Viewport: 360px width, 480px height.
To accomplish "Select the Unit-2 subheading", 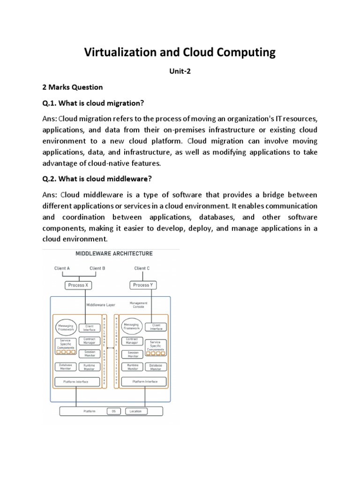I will [180, 72].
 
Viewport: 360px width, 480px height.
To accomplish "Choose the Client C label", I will [142, 268].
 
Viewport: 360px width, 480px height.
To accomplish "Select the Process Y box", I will [142, 285].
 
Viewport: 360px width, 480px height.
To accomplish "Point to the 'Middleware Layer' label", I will [101, 305].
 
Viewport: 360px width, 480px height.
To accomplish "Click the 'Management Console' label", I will [140, 305].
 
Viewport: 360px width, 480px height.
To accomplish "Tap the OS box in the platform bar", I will [113, 411].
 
